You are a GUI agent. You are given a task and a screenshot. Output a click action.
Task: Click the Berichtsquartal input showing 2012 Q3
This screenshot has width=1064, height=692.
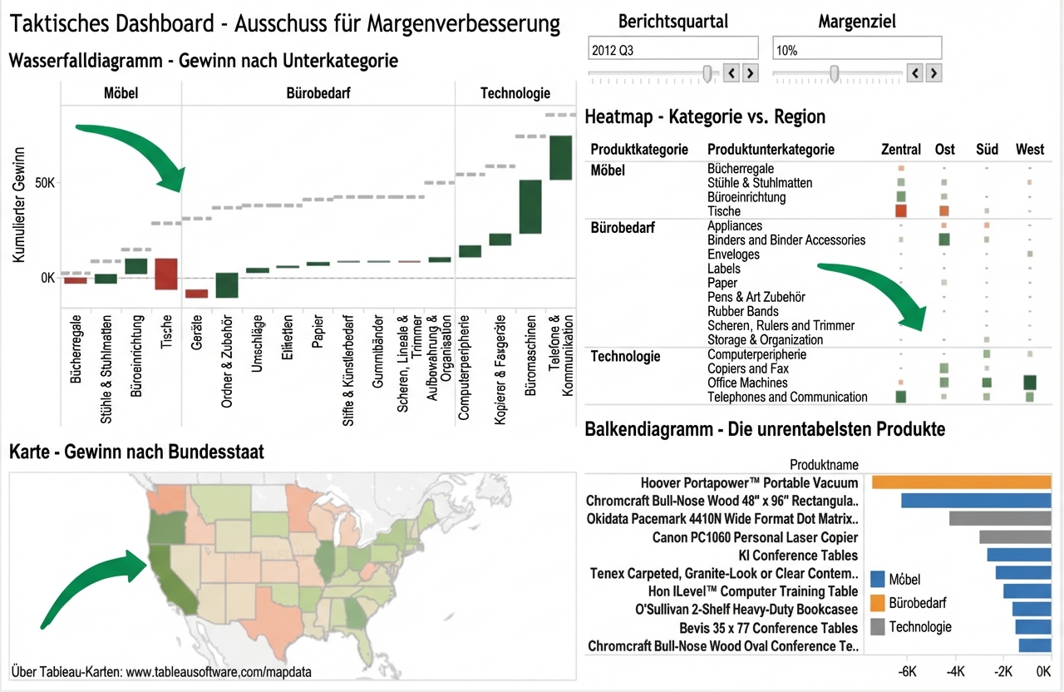click(672, 50)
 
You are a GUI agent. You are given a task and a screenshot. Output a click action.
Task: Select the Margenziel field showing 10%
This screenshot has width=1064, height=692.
click(856, 50)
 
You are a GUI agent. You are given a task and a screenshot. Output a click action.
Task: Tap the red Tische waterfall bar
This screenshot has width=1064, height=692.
click(166, 274)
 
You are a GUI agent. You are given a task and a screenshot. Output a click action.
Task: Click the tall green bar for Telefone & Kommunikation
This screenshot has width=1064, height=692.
click(560, 157)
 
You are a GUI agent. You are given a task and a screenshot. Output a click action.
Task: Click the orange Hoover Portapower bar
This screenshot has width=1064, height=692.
click(962, 482)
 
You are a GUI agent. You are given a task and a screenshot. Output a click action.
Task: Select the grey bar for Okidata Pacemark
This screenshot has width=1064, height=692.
click(1001, 519)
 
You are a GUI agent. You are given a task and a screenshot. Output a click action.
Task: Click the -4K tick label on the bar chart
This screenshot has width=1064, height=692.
click(953, 671)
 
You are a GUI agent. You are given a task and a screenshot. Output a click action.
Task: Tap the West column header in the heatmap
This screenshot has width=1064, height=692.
click(1030, 150)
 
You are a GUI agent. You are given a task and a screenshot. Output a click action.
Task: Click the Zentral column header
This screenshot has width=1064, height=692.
click(900, 150)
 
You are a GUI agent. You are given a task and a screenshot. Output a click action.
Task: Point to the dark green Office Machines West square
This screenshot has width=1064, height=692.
click(1030, 383)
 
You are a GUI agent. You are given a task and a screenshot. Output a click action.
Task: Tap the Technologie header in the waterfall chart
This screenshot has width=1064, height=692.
click(515, 93)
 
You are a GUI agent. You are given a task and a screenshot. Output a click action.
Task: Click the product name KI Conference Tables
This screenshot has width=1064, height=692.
click(798, 556)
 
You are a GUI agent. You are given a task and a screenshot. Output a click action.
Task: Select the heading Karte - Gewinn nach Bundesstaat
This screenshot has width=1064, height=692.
click(136, 452)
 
